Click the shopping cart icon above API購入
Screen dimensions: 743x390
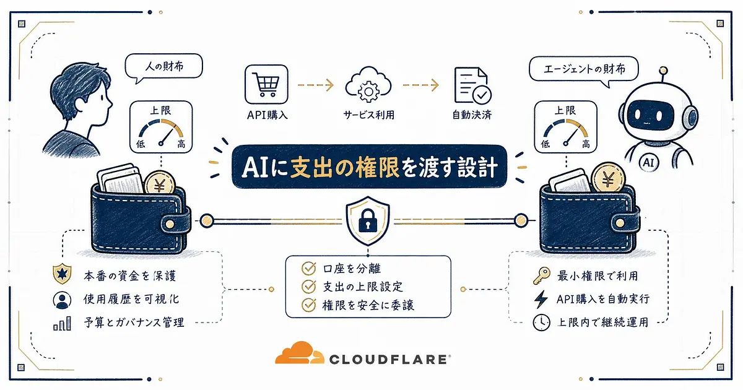pos(266,84)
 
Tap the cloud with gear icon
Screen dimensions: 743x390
pos(368,85)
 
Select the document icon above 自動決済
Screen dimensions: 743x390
pos(472,85)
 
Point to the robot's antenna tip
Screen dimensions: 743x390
pos(663,71)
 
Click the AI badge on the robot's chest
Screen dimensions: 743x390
pos(648,162)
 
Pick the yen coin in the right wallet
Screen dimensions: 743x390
pos(608,178)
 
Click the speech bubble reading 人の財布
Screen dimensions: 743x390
pos(164,68)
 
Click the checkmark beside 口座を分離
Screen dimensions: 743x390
pos(309,268)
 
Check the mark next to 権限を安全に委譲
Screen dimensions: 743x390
pos(309,305)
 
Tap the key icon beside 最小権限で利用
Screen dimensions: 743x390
pos(542,276)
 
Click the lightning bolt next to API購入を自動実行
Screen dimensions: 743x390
pos(541,299)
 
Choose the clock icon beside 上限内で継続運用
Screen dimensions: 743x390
pos(541,322)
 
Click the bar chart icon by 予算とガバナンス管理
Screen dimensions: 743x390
pos(62,323)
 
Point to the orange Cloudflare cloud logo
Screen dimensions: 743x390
pos(300,353)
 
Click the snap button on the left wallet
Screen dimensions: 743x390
pos(170,224)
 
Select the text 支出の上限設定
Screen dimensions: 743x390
pos(363,287)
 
